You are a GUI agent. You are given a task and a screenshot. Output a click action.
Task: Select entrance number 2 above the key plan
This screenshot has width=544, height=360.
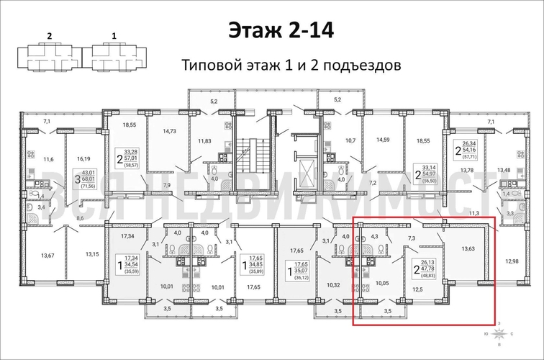click(x=50, y=34)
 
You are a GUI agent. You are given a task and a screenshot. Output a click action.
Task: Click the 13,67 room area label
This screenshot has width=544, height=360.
click(x=48, y=255)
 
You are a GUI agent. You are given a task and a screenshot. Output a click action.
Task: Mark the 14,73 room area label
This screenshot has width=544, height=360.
click(x=169, y=131)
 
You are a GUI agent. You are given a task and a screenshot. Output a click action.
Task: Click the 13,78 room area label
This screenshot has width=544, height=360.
click(x=468, y=170)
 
